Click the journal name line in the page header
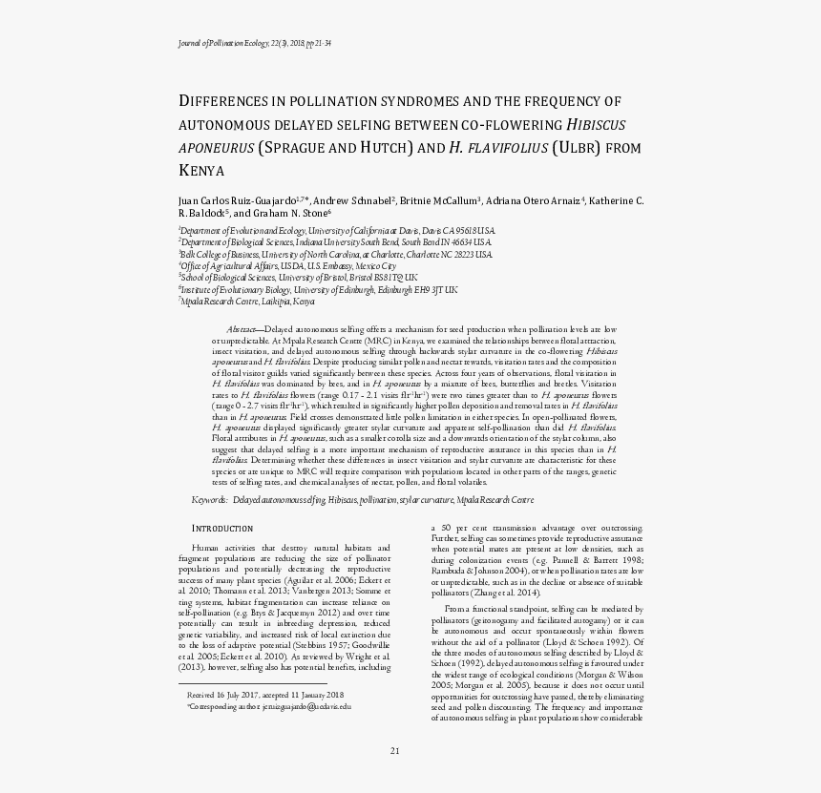pos(255,44)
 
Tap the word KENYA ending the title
pos(200,171)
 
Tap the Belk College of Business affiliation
pos(335,255)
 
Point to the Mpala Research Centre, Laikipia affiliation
pos(246,301)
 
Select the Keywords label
pos(210,500)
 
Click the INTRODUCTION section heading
pos(222,528)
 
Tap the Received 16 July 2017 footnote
pos(264,696)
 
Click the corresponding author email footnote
pos(269,707)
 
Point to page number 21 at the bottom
pos(394,750)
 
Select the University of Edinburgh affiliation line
pos(318,289)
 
